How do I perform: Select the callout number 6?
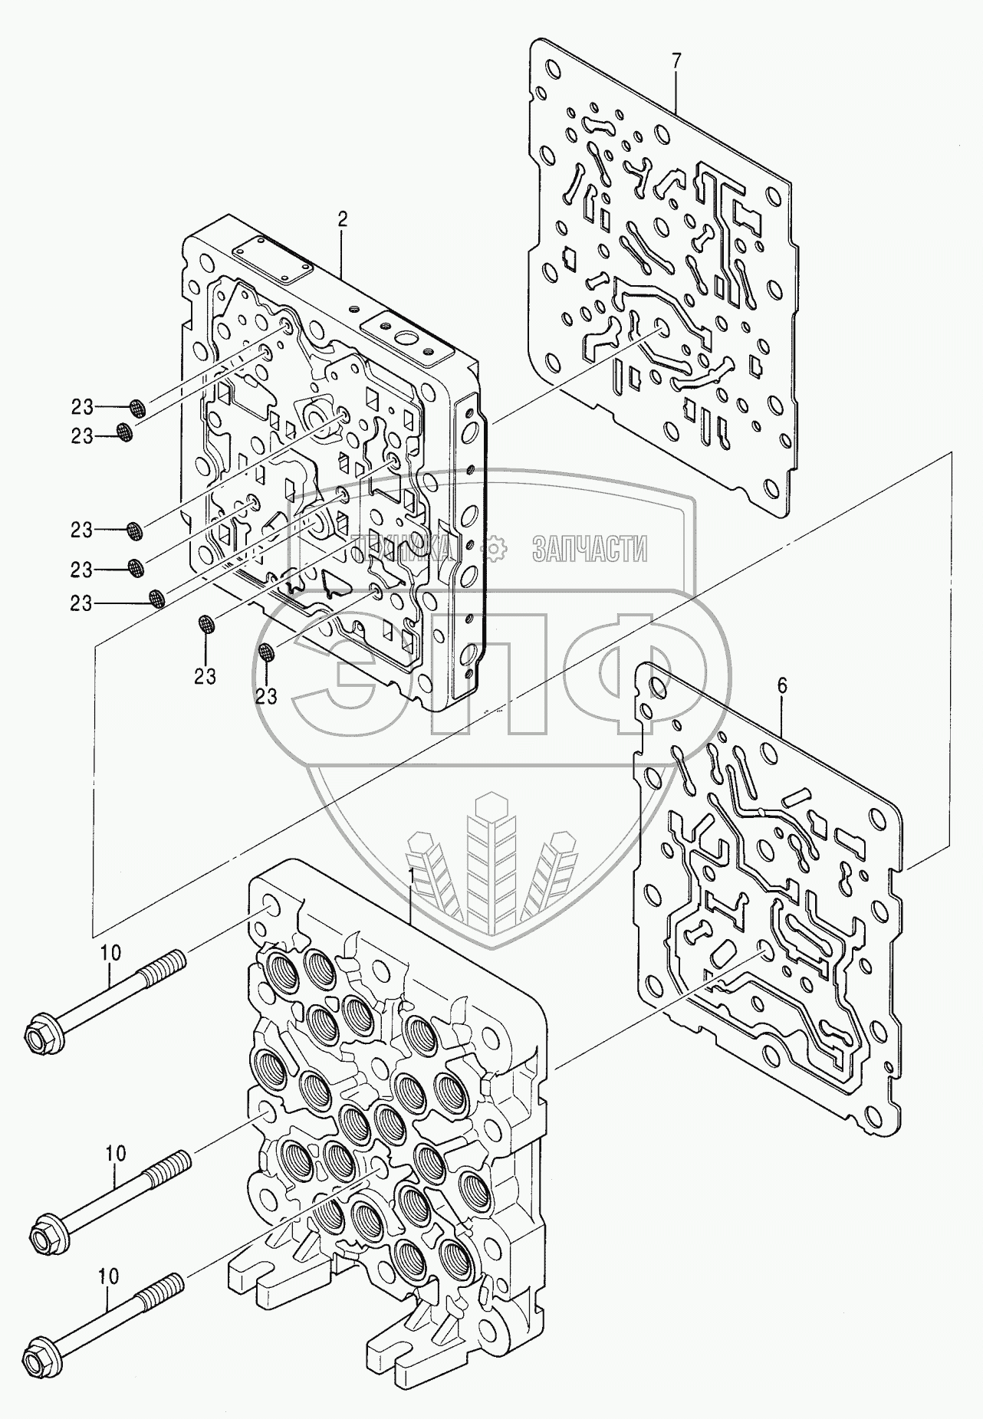tap(782, 687)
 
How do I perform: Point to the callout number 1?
tap(412, 875)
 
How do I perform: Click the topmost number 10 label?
tap(110, 953)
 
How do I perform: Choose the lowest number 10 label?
tap(109, 1276)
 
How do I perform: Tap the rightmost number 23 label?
tap(266, 695)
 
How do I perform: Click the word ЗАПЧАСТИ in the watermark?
tap(590, 547)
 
